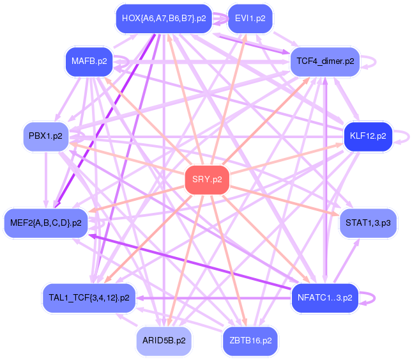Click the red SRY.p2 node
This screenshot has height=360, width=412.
click(207, 180)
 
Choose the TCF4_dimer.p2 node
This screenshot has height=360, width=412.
click(326, 62)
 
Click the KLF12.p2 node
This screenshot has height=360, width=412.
click(367, 136)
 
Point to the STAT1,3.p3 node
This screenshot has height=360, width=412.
click(367, 223)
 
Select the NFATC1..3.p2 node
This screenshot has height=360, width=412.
click(324, 297)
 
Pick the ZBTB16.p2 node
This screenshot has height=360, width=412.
click(250, 341)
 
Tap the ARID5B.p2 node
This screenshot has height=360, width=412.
click(165, 341)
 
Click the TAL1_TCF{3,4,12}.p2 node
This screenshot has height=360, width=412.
click(89, 298)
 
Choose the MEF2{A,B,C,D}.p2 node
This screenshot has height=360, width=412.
click(46, 223)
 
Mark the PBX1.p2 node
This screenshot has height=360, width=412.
click(46, 136)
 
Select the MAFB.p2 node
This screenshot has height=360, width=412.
click(89, 62)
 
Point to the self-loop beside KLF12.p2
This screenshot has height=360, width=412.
click(404, 136)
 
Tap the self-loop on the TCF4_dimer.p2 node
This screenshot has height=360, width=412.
click(371, 62)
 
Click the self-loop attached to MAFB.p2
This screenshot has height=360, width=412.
click(125, 62)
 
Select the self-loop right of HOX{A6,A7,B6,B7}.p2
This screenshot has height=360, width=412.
click(222, 19)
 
